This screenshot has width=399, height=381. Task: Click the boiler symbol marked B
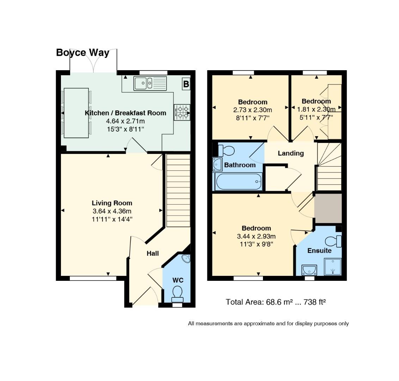coord(186,84)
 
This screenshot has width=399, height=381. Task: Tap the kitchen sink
coord(150,83)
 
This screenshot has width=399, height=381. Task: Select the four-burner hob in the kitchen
coord(182,112)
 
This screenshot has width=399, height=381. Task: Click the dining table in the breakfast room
coord(76,113)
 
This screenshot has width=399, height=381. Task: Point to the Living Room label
coord(112,203)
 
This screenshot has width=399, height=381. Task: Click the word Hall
coord(153,253)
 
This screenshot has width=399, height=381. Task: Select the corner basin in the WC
coord(186,259)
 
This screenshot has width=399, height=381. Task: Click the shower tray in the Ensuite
coord(333,267)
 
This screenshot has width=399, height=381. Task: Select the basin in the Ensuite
coord(309,270)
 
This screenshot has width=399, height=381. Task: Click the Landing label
coord(291,153)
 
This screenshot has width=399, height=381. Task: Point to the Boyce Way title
coord(83,53)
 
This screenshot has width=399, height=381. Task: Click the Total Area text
coord(276,302)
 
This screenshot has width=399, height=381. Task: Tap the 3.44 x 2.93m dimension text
coord(256,236)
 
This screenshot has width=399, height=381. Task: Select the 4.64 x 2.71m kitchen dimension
coord(125,121)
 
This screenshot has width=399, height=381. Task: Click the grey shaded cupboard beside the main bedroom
coord(328,208)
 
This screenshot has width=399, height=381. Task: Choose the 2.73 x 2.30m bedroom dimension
coord(253,110)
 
